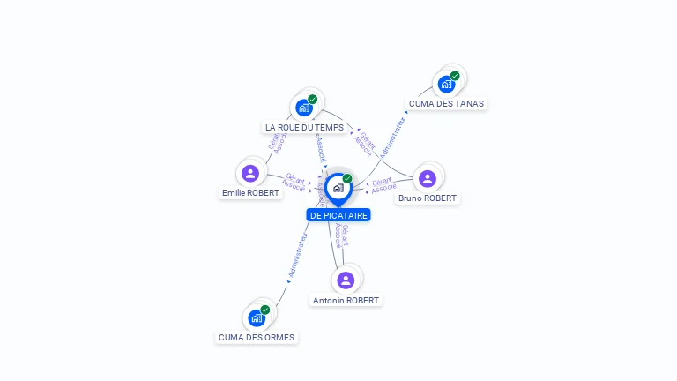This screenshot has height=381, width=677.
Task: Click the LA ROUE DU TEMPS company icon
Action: [x=305, y=108]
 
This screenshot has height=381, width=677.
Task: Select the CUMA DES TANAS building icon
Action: [x=447, y=85]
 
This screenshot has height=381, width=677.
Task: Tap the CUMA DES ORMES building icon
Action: [x=257, y=317]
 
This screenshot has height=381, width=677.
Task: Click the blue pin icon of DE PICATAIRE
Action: [x=338, y=188]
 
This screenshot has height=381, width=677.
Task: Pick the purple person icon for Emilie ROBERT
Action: [x=250, y=173]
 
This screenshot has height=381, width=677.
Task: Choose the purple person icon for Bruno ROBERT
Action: [x=428, y=179]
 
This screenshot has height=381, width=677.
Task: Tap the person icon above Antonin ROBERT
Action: [x=346, y=280]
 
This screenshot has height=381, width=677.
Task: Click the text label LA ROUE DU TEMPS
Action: [x=305, y=128]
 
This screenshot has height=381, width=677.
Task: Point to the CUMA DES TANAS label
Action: [x=446, y=104]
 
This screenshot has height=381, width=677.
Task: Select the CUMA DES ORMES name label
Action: [x=257, y=338]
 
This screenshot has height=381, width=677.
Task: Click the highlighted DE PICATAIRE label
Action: [x=338, y=215]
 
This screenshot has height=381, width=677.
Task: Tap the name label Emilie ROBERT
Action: [x=250, y=193]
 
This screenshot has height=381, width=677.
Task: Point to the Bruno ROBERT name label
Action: [x=428, y=198]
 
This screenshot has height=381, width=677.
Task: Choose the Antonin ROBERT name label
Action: [x=346, y=301]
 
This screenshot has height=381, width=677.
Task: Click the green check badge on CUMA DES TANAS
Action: [x=455, y=76]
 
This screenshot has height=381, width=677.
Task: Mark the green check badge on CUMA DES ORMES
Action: [x=265, y=310]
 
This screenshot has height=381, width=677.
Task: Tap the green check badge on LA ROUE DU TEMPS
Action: [x=313, y=100]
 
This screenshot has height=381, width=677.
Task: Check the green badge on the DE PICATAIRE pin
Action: [x=347, y=178]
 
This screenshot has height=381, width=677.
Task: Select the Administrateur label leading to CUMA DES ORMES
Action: [x=299, y=256]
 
